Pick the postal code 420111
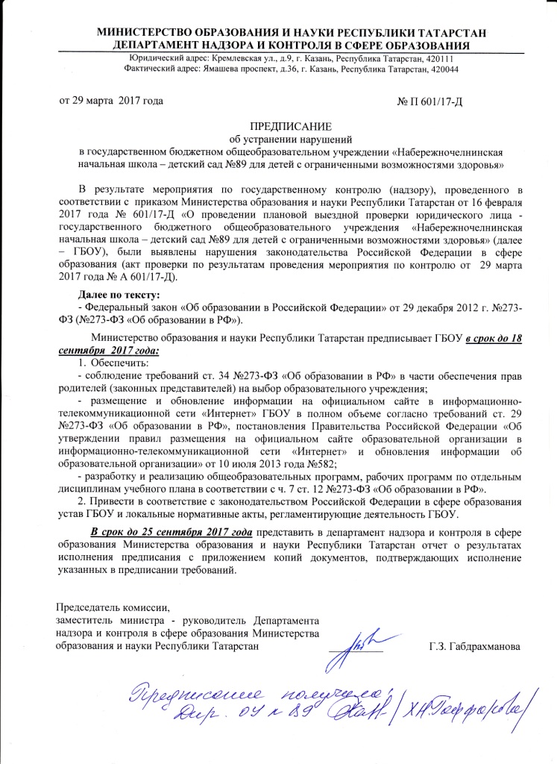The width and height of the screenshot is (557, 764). coord(436,58)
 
